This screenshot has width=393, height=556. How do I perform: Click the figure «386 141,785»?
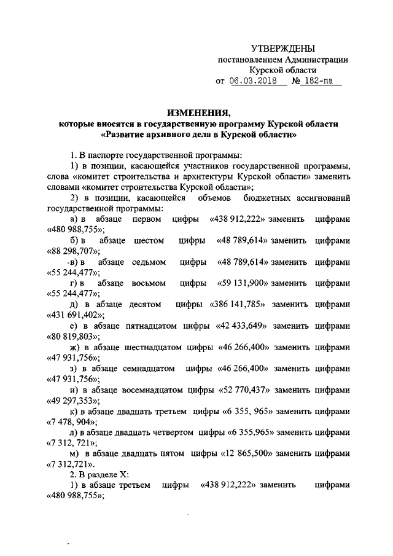pos(237,304)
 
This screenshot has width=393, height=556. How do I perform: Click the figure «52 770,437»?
pos(244,390)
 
